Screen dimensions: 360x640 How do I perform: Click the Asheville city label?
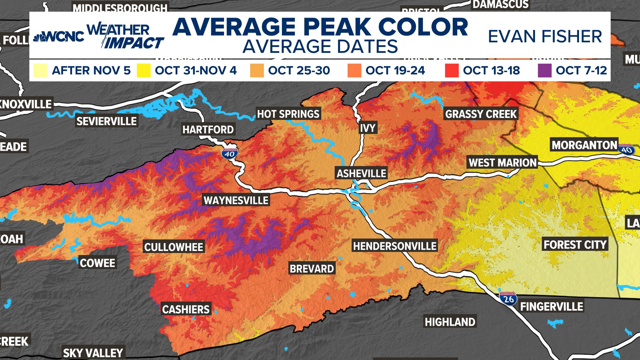coord(361,173)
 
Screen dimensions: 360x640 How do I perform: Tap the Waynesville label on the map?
coord(236,200)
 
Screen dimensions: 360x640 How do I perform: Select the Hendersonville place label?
coord(395,246)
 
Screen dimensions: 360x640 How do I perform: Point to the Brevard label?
coord(312,269)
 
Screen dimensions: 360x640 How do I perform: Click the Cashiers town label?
coord(186,309)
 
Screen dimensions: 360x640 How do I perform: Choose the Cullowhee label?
coord(174,247)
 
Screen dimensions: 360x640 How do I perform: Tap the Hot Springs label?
coord(288,114)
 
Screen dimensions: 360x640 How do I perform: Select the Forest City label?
coord(575,245)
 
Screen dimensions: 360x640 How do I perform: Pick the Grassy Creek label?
coord(481,114)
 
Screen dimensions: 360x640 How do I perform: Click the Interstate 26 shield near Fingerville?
coord(508,299)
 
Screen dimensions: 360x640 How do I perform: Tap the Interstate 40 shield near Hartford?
coord(229,153)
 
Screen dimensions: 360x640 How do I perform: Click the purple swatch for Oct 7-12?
coord(544,70)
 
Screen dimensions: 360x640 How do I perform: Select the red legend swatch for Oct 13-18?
coord(452,70)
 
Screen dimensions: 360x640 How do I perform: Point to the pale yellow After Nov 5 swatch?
coord(40,70)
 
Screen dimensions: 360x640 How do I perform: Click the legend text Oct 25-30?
coord(299,70)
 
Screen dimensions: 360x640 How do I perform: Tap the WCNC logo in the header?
coord(59,36)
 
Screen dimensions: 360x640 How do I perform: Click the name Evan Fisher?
coord(545,36)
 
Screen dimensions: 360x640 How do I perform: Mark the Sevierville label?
coord(107,121)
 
